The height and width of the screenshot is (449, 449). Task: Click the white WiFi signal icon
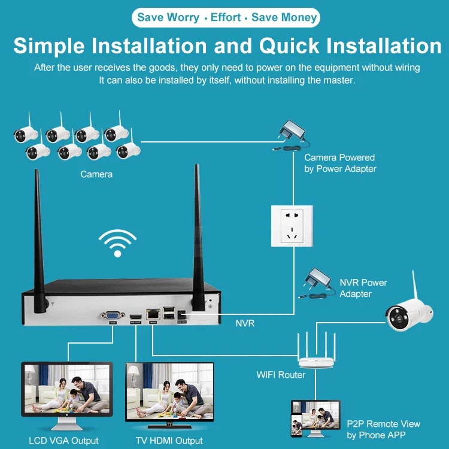[117, 242]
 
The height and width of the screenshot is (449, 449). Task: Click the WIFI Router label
[281, 375]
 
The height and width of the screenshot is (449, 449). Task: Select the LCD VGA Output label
[63, 441]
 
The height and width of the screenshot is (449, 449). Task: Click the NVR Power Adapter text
[363, 288]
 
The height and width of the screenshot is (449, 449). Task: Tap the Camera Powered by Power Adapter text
[339, 163]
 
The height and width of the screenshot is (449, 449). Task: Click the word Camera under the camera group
[96, 174]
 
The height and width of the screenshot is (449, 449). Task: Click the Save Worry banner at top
[226, 17]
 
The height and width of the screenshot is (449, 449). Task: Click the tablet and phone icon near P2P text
[314, 418]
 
